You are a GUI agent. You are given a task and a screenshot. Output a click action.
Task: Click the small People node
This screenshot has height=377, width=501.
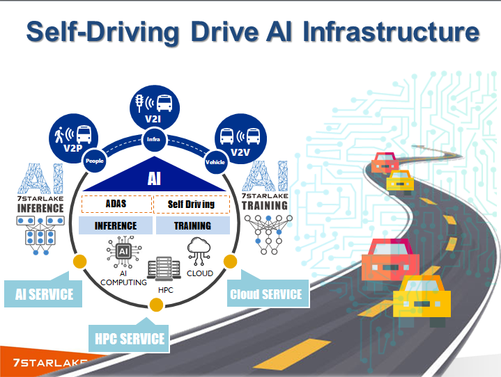click(x=93, y=161)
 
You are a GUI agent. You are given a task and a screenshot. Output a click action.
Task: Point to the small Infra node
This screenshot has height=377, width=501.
click(x=153, y=140)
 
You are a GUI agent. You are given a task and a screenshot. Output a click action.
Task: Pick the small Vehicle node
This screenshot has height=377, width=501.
click(x=215, y=161)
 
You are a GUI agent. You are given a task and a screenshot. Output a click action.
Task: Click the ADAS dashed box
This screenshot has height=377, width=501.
click(x=116, y=204)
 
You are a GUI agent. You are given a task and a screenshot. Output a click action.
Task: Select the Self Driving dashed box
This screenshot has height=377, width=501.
click(x=192, y=204)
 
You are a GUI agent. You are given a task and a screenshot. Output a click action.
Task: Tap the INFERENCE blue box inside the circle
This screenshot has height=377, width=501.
click(x=116, y=225)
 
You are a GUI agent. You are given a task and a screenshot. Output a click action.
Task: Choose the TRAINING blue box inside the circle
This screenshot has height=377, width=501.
click(x=192, y=225)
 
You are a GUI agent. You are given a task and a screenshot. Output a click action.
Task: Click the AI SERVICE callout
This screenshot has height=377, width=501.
click(x=43, y=294)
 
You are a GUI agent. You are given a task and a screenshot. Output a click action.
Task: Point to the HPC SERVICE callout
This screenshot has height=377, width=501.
click(x=130, y=338)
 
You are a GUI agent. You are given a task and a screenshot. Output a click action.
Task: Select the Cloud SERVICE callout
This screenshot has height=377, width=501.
click(x=266, y=294)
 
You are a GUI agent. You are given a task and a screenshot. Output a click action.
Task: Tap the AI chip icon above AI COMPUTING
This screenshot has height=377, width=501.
click(x=123, y=252)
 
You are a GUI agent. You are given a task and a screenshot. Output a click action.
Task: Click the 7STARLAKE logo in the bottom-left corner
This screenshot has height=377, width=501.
click(x=44, y=362)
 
